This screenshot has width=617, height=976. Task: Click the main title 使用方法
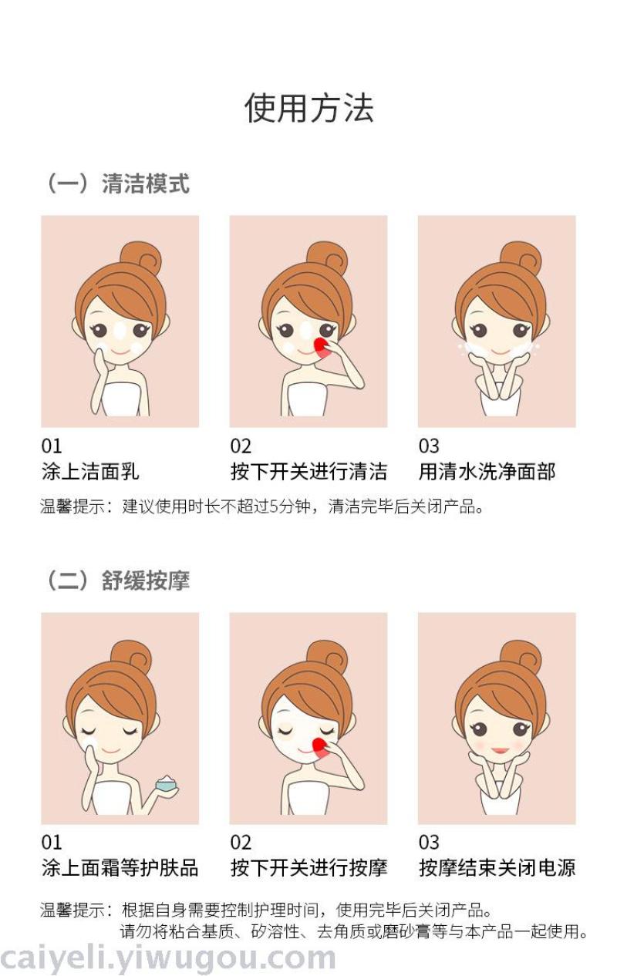coord(308,108)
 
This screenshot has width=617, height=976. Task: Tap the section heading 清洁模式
coord(146,183)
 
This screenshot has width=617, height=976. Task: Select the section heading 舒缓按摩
coord(146,580)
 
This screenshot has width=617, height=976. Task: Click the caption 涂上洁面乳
coord(90,472)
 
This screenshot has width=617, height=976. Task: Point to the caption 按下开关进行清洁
coord(308,472)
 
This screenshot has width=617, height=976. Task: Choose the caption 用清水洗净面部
coord(487,472)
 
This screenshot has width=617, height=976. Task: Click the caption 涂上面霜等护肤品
coord(120,867)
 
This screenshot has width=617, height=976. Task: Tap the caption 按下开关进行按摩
coord(308,867)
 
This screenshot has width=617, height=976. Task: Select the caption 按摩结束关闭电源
coord(497,867)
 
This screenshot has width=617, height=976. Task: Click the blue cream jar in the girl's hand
coord(167,784)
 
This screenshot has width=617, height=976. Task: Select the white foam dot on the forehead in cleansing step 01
coord(120,332)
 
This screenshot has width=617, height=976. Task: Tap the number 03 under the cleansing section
coord(429,446)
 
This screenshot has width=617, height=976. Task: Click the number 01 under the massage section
coord(52,842)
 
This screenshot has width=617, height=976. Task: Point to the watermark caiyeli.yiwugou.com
coord(168,958)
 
